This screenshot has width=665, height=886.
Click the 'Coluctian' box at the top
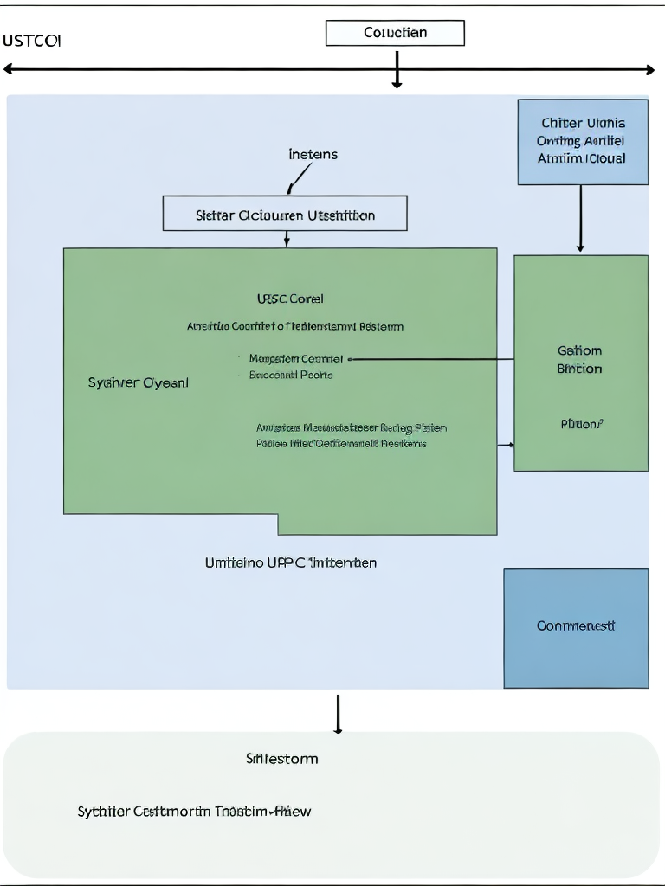pos(395,33)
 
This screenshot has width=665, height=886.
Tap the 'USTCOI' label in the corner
pos(31,41)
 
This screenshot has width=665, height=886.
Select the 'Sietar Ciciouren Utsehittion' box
pos(285,214)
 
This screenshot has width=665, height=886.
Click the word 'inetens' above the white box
pos(313,155)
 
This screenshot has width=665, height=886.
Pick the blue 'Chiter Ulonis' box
pos(582,142)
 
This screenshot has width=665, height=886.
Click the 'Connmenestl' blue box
pos(576,626)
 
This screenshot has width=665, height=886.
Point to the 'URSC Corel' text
pos(290,299)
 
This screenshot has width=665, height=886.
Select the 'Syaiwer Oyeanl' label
pos(138,382)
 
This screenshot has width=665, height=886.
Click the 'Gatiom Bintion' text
pos(579,359)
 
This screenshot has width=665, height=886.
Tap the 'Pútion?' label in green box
pos(581,424)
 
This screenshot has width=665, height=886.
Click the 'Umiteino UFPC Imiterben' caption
pos(290,562)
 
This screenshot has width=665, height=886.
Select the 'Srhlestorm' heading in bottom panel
pos(281,759)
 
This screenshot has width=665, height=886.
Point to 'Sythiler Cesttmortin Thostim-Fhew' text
pos(194,811)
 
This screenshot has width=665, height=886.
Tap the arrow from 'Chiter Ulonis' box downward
pos(580,220)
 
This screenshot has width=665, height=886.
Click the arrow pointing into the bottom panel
pos(338,715)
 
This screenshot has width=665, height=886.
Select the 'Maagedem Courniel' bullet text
pos(295,358)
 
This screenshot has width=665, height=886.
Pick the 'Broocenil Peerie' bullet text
pos(291,375)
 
